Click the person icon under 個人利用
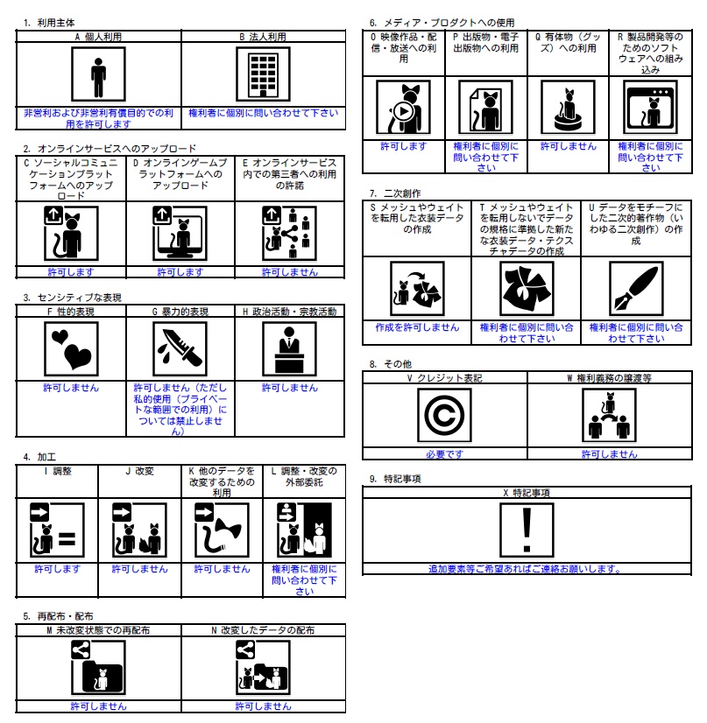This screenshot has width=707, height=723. tap(98, 74)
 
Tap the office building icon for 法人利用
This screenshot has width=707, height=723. tap(263, 74)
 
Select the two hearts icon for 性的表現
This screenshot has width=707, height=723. tap(71, 349)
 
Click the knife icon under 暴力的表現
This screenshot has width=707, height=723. tap(180, 349)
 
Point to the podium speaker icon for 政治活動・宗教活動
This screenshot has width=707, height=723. tap(289, 349)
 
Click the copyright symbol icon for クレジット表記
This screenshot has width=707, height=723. tap(444, 415)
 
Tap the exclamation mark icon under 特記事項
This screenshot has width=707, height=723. tap(527, 530)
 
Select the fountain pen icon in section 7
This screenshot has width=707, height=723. tap(636, 289)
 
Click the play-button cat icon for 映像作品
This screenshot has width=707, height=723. tap(403, 107)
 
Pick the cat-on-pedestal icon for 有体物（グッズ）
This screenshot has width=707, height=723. tap(568, 107)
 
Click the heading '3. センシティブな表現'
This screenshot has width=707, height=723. tap(73, 298)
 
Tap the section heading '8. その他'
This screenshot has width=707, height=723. tap(391, 364)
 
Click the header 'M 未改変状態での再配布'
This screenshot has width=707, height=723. tap(98, 630)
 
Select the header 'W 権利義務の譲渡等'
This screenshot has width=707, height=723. tap(609, 378)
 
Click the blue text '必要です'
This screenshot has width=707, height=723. tap(444, 454)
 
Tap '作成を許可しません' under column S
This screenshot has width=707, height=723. tap(417, 327)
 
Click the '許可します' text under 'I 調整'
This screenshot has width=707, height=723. tap(57, 569)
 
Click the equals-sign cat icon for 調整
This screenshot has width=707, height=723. tap(57, 530)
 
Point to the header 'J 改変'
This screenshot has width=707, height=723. tap(139, 471)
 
